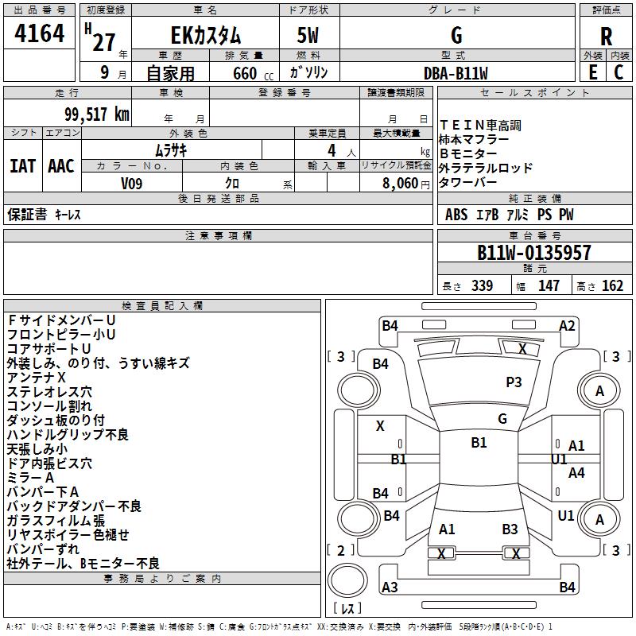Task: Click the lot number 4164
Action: click(39, 34)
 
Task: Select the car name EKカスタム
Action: click(206, 36)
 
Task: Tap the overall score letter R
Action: click(606, 36)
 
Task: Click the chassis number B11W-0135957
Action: click(533, 253)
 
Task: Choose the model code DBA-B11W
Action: click(456, 73)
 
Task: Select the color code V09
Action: click(132, 182)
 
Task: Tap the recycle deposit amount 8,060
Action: click(401, 182)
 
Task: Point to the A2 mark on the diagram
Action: click(567, 325)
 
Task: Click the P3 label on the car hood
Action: click(514, 382)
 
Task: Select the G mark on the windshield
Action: click(502, 419)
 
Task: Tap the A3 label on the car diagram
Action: click(390, 588)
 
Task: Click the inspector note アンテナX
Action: click(36, 377)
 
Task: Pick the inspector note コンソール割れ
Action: click(49, 405)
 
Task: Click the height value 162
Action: click(612, 286)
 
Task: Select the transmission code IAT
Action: click(22, 165)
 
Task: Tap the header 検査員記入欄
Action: click(162, 305)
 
